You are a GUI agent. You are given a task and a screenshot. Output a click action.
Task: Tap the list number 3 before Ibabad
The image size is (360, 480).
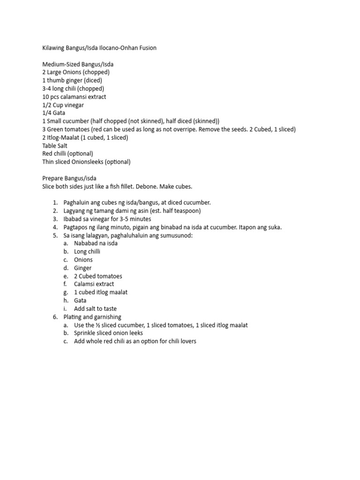click(55, 219)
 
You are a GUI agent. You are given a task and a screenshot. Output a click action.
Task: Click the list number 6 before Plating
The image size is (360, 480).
click(55, 317)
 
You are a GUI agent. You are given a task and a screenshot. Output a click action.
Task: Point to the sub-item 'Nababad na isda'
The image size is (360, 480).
click(96, 243)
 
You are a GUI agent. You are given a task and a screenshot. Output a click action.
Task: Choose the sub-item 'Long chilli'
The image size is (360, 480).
click(87, 251)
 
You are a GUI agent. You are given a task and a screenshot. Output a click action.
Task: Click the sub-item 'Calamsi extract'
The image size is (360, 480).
click(94, 284)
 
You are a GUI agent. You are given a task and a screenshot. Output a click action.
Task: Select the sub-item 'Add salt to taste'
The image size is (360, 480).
click(95, 309)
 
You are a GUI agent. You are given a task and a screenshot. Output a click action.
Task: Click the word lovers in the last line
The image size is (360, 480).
click(187, 341)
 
